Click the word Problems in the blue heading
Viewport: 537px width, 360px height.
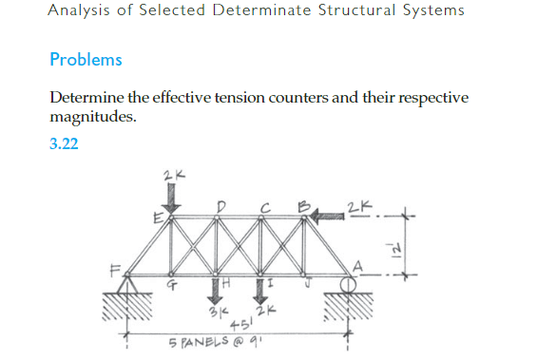(86, 59)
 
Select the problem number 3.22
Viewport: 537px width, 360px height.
(64, 145)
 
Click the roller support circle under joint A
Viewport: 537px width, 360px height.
(349, 282)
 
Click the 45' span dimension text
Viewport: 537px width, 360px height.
(234, 323)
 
